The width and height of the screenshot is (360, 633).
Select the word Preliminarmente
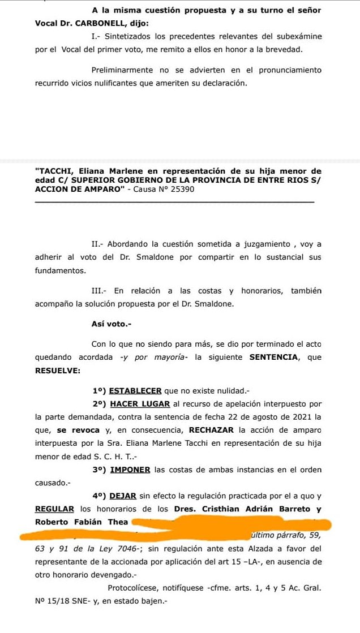[x=122, y=70]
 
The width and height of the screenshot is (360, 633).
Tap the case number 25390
[x=182, y=189]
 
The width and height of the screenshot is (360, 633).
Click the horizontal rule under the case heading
[x=174, y=203]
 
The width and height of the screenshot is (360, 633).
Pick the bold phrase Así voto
[x=111, y=324]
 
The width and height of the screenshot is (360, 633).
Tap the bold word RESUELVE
[x=57, y=371]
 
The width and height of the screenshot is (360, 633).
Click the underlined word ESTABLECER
[x=135, y=390]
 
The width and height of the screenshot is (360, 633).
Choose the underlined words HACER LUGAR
[x=140, y=404]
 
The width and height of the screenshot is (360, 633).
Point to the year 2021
[x=302, y=417]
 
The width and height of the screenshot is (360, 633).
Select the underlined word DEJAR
[x=123, y=496]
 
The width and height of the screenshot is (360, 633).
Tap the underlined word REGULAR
[x=54, y=509]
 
